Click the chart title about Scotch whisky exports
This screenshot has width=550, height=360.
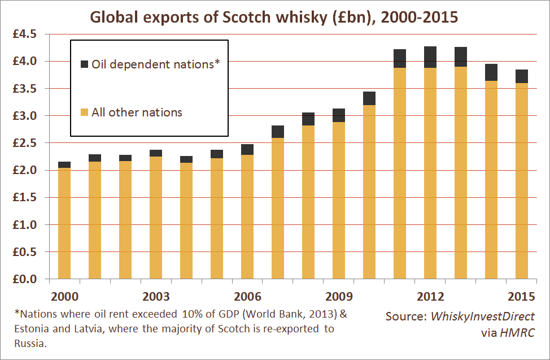(x=274, y=17)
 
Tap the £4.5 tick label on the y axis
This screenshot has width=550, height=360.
(x=25, y=34)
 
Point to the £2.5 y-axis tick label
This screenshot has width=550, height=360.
(x=25, y=144)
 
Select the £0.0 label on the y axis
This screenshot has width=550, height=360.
(x=25, y=279)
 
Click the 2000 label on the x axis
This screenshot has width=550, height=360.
(x=64, y=297)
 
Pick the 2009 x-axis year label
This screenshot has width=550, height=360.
(x=339, y=297)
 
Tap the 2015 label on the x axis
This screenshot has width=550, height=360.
(x=521, y=297)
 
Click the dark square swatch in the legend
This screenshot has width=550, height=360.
(x=85, y=64)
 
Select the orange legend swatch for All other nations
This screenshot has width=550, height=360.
(x=85, y=112)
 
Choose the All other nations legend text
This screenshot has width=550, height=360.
(x=137, y=112)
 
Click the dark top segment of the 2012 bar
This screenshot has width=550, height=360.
(x=430, y=57)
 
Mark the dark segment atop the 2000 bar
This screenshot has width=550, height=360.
(x=64, y=164)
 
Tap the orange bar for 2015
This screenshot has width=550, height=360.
(x=522, y=181)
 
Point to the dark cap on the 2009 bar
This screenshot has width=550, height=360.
(x=339, y=115)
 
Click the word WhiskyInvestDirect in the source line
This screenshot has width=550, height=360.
(x=483, y=316)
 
